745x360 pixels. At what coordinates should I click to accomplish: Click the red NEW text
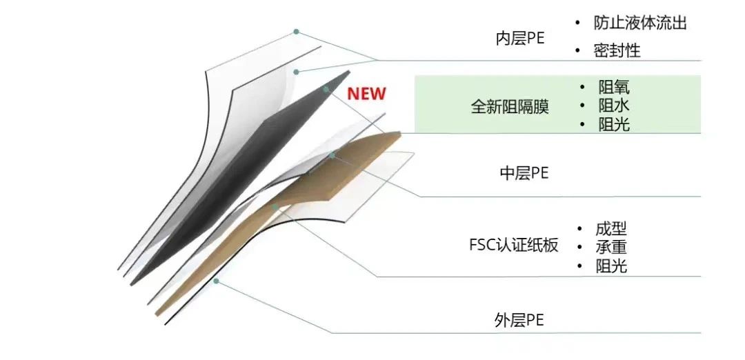pyautogui.click(x=366, y=94)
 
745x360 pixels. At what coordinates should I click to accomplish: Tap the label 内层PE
pyautogui.click(x=520, y=39)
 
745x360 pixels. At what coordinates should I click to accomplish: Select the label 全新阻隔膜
pyautogui.click(x=510, y=106)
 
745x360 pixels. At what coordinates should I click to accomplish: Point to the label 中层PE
pyautogui.click(x=524, y=173)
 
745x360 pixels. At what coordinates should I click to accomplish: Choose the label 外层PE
pyautogui.click(x=519, y=321)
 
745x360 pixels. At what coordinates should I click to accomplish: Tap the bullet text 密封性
pyautogui.click(x=617, y=51)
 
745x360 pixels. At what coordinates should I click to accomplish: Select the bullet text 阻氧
pyautogui.click(x=614, y=88)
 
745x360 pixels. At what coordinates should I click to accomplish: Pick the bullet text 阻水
pyautogui.click(x=614, y=106)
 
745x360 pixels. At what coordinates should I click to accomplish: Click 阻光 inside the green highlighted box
pyautogui.click(x=614, y=124)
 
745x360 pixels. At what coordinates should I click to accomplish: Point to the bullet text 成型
pyautogui.click(x=611, y=229)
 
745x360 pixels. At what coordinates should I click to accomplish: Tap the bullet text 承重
pyautogui.click(x=611, y=247)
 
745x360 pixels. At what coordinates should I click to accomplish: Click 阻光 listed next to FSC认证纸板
pyautogui.click(x=611, y=266)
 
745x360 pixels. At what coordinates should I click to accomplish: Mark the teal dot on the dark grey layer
pyautogui.click(x=326, y=89)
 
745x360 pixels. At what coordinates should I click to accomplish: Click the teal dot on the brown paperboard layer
pyautogui.click(x=275, y=207)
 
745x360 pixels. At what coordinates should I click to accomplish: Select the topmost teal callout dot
pyautogui.click(x=296, y=31)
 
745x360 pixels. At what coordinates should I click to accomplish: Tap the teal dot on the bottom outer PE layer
pyautogui.click(x=216, y=281)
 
